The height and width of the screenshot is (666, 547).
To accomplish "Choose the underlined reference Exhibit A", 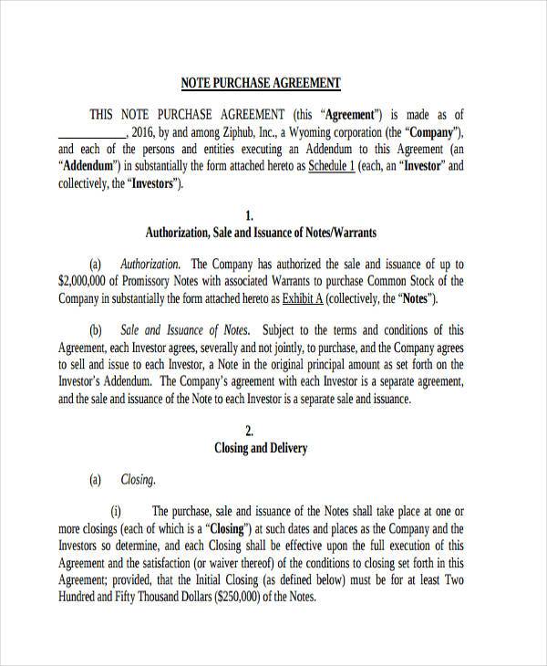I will (300, 298).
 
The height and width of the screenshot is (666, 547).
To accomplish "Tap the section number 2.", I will (261, 431).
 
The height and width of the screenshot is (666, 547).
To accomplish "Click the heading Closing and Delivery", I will (261, 448).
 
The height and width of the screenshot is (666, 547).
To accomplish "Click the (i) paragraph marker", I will (116, 511).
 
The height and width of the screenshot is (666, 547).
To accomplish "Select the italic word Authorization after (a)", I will (150, 264).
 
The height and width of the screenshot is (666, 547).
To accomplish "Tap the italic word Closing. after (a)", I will (138, 479).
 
